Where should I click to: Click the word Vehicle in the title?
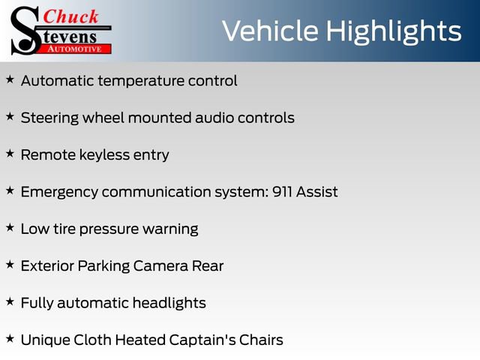268,31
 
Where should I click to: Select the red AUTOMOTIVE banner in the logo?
74,48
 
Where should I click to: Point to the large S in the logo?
25,30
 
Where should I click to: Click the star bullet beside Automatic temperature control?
10,79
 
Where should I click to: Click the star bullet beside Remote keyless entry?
10,154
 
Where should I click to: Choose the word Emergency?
59,193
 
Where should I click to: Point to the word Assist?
317,192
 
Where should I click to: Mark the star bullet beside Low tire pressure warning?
10,227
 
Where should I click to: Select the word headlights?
169,303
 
